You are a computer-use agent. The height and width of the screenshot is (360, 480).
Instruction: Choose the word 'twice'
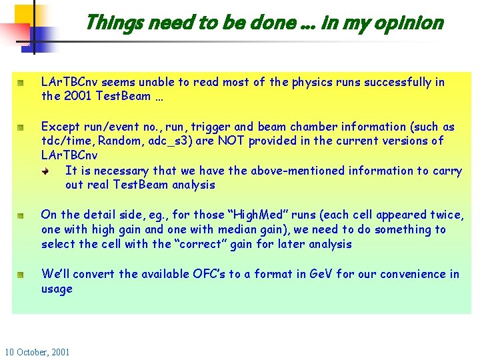[445, 215]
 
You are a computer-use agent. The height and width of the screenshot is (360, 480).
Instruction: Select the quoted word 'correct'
[201, 244]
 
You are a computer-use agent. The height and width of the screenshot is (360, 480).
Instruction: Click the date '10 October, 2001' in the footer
[37, 351]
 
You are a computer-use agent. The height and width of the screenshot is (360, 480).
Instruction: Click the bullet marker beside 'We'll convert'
[21, 274]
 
